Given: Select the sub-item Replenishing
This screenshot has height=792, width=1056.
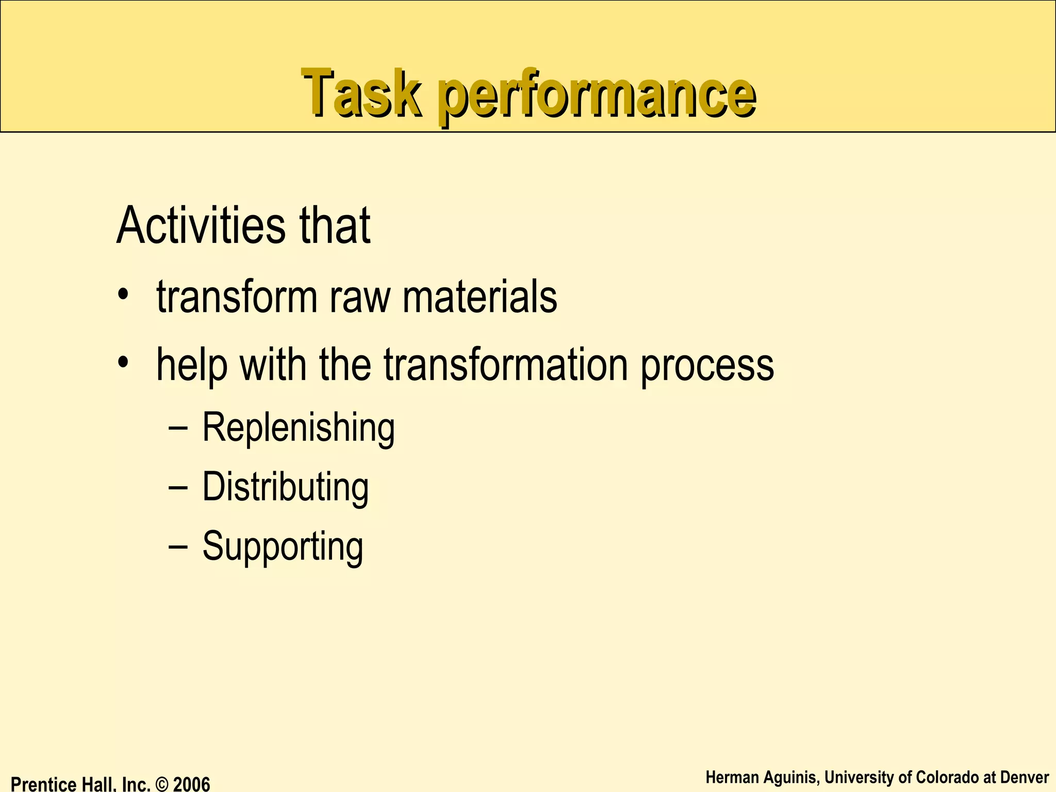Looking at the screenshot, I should click(x=298, y=428).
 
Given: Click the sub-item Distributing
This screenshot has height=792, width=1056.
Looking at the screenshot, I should click(x=285, y=487).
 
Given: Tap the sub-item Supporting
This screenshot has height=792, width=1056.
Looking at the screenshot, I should click(x=283, y=547).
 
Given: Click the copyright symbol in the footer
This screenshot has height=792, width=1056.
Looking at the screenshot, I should click(x=162, y=784).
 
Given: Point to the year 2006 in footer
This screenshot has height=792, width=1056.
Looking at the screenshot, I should click(x=191, y=784).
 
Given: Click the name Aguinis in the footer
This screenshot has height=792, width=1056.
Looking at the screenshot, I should click(x=790, y=777).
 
